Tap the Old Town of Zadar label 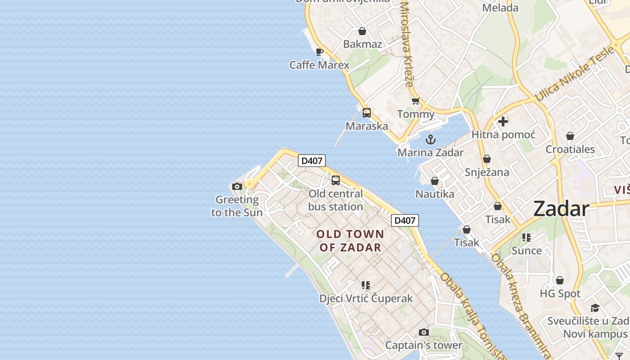(350, 241)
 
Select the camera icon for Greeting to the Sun (237, 186)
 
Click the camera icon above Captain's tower (423, 332)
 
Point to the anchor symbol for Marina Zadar (431, 139)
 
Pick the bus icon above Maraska (367, 113)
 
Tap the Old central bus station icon (336, 180)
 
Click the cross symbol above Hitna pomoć (503, 121)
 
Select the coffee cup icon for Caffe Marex (319, 52)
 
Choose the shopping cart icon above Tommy (415, 101)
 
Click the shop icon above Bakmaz (362, 31)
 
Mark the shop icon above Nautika (435, 181)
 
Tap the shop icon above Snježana (486, 159)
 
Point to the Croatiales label (570, 149)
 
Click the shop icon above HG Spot (560, 280)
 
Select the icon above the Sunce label (526, 237)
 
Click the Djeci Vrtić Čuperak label (366, 298)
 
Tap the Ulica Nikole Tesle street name (575, 73)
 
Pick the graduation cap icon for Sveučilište (595, 308)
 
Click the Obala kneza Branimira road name (520, 306)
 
